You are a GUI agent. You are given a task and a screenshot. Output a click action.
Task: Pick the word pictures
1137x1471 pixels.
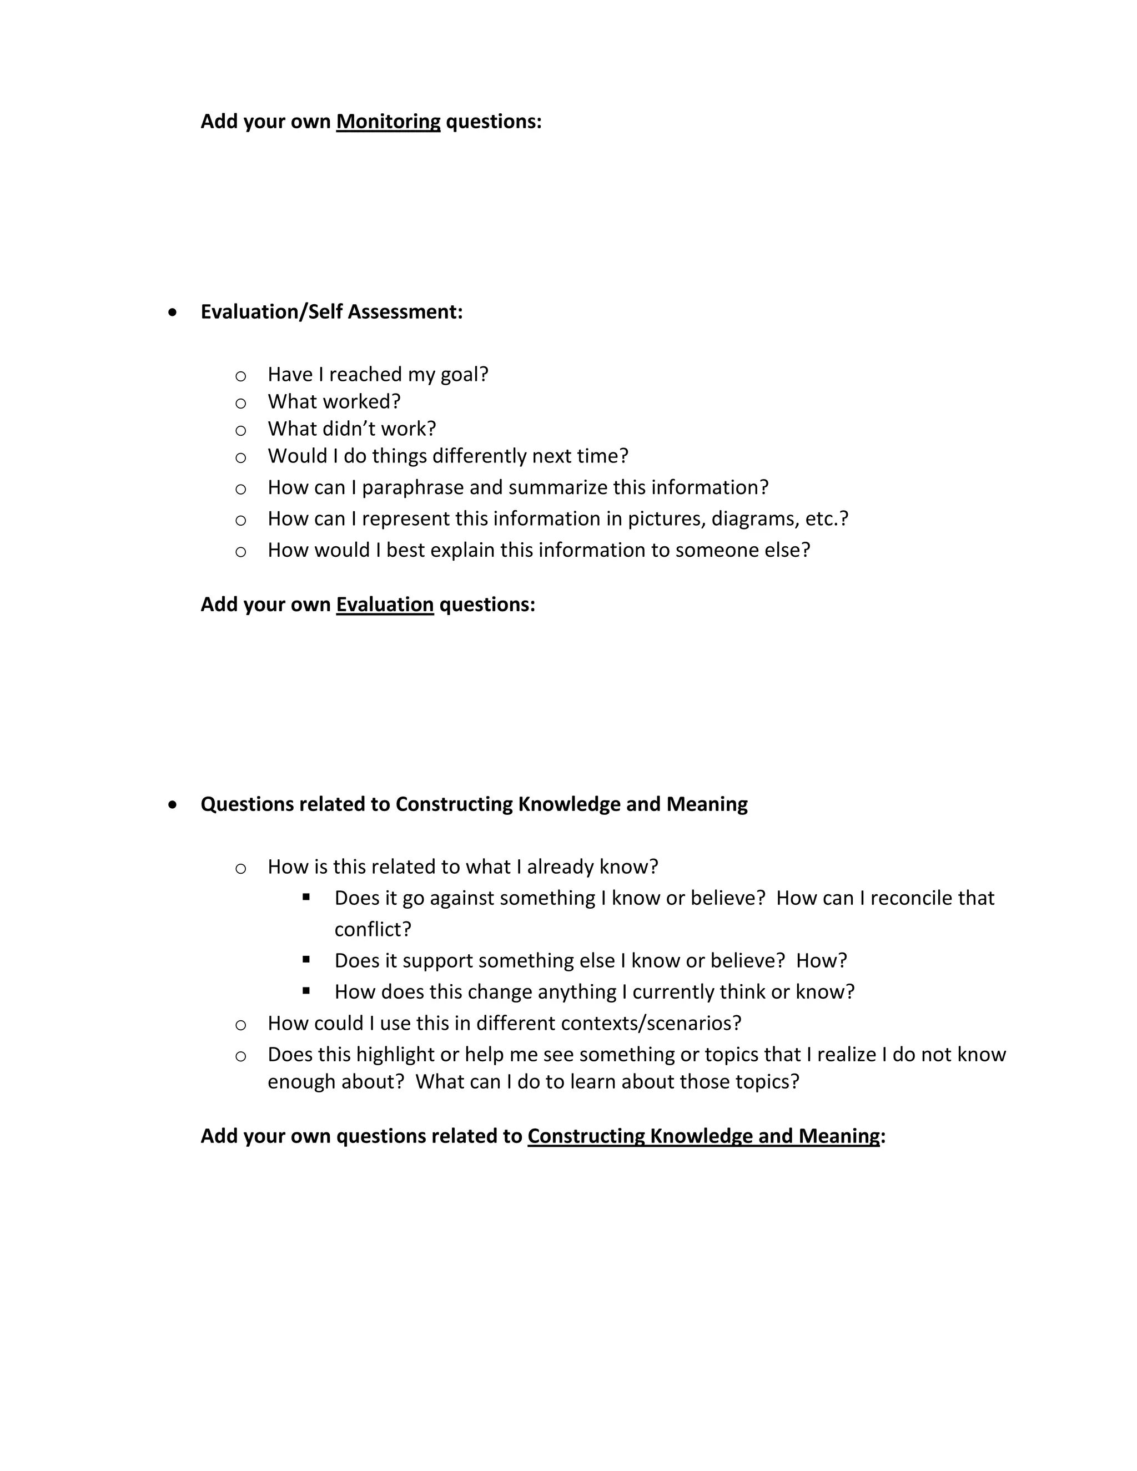click(x=664, y=520)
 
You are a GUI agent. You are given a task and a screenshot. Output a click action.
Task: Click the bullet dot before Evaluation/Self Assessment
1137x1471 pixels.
click(x=174, y=313)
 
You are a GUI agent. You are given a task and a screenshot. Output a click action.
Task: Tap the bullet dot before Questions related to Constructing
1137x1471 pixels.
click(x=174, y=804)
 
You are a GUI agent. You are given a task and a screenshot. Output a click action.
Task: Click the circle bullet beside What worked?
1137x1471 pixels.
click(x=240, y=404)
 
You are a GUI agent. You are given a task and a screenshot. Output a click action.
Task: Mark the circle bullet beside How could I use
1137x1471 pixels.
click(x=240, y=1025)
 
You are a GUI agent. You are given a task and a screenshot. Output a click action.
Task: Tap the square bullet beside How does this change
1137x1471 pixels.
click(x=306, y=991)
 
